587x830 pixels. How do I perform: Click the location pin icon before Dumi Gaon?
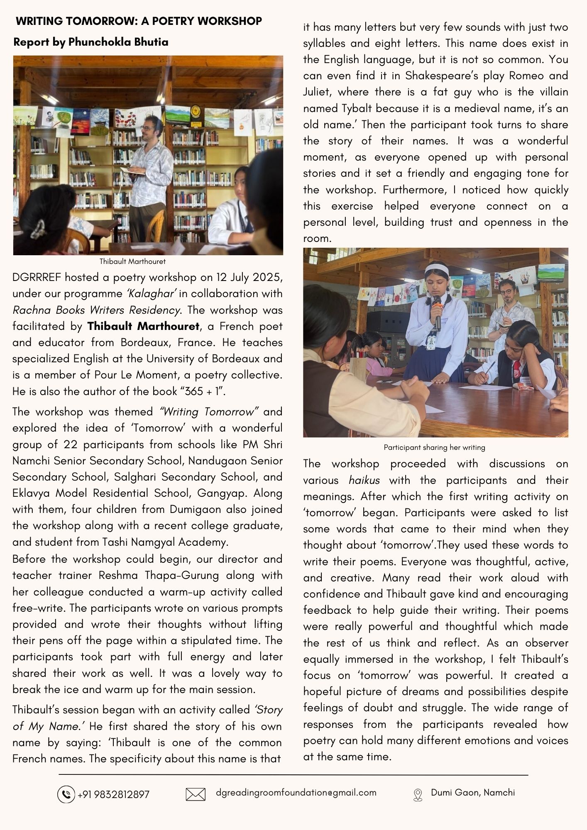[418, 795]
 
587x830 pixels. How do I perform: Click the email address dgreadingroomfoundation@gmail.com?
[296, 792]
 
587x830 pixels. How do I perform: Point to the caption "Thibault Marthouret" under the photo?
[132, 261]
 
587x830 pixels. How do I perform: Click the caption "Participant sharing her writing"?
[434, 447]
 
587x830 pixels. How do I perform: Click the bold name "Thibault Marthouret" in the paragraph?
[143, 326]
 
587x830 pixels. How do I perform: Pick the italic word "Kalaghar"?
[151, 293]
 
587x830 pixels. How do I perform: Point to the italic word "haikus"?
[364, 480]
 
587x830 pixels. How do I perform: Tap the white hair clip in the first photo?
[39, 228]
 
